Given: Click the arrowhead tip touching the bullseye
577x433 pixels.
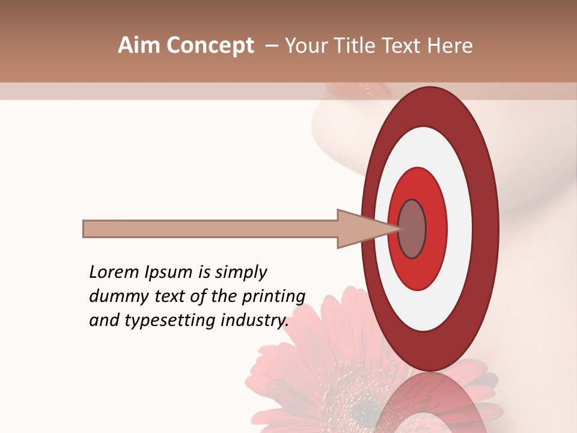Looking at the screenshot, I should tap(398, 229).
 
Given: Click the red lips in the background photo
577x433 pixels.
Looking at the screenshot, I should tap(360, 90).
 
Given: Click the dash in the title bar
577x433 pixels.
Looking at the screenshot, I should tap(272, 46).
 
